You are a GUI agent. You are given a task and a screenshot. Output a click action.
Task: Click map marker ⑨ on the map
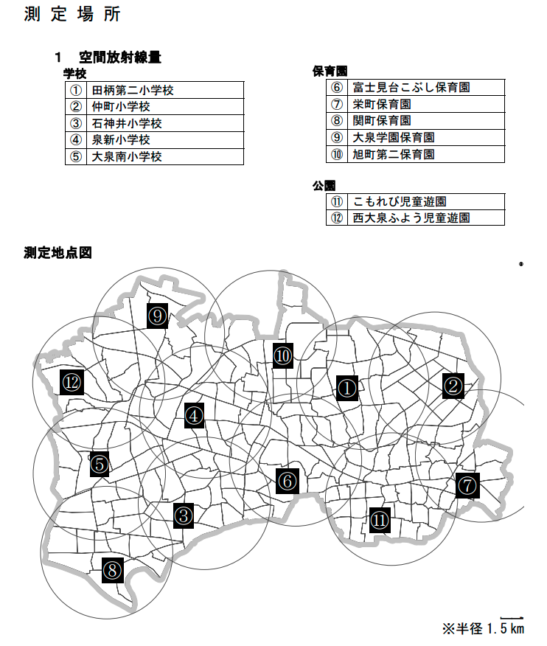click(158, 316)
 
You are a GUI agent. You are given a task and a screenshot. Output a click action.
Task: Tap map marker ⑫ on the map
click(72, 382)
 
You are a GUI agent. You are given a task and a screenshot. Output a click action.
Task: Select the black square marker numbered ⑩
click(284, 356)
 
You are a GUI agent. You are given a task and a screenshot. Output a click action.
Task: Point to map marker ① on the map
click(347, 387)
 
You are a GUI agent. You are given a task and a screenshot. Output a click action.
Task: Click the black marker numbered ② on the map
click(453, 385)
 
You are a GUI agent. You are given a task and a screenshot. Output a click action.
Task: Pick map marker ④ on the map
click(194, 416)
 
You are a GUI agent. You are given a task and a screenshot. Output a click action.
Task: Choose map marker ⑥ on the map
click(287, 481)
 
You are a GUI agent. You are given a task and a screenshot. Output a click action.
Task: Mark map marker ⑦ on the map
click(467, 485)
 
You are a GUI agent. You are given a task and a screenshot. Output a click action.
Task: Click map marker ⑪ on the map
click(380, 519)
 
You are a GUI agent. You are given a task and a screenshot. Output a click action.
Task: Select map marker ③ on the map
click(184, 515)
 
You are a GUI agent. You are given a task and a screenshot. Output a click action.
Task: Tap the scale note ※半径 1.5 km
click(483, 628)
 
